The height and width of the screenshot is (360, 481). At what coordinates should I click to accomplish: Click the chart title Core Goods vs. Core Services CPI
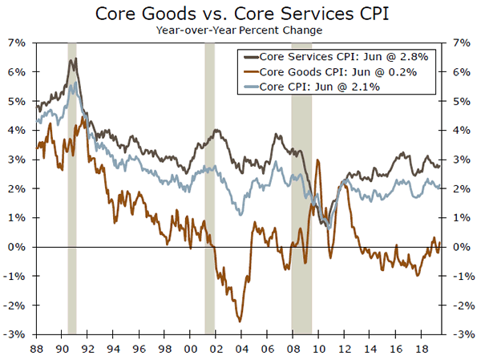[240, 14]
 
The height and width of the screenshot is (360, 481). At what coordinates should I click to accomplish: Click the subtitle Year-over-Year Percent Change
[240, 30]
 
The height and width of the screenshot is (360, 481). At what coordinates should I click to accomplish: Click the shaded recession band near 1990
[72, 200]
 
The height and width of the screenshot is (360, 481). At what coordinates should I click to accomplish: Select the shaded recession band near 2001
[210, 200]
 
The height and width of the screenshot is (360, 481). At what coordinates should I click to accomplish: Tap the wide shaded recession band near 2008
[301, 200]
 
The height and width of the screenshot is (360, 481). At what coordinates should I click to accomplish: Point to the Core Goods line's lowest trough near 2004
[240, 321]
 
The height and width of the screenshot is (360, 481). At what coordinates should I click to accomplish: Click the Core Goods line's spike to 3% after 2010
[319, 161]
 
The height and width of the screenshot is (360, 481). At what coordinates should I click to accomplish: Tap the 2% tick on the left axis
[18, 188]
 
